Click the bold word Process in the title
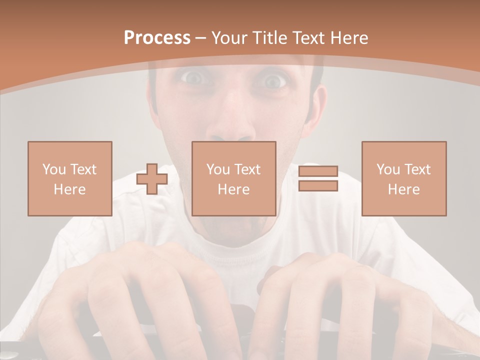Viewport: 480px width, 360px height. click(x=157, y=38)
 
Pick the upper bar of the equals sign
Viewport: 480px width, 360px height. click(x=318, y=171)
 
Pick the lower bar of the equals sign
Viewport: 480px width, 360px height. click(x=318, y=186)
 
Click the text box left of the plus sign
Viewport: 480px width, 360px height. click(x=69, y=178)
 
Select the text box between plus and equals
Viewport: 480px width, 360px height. click(x=233, y=178)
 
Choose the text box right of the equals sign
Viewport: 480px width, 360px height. click(x=403, y=178)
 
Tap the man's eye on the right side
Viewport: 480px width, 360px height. click(x=273, y=80)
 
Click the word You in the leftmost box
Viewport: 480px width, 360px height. click(x=54, y=169)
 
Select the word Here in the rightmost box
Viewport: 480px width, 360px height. click(x=403, y=189)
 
